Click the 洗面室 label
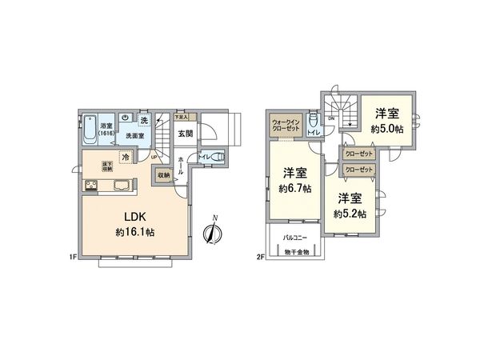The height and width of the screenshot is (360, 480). click(x=134, y=136)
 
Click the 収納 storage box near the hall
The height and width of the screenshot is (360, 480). click(x=163, y=174)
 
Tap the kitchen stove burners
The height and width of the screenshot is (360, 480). click(x=90, y=188)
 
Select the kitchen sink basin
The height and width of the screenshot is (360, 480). click(x=125, y=188)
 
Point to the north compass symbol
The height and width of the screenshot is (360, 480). click(x=212, y=231)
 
